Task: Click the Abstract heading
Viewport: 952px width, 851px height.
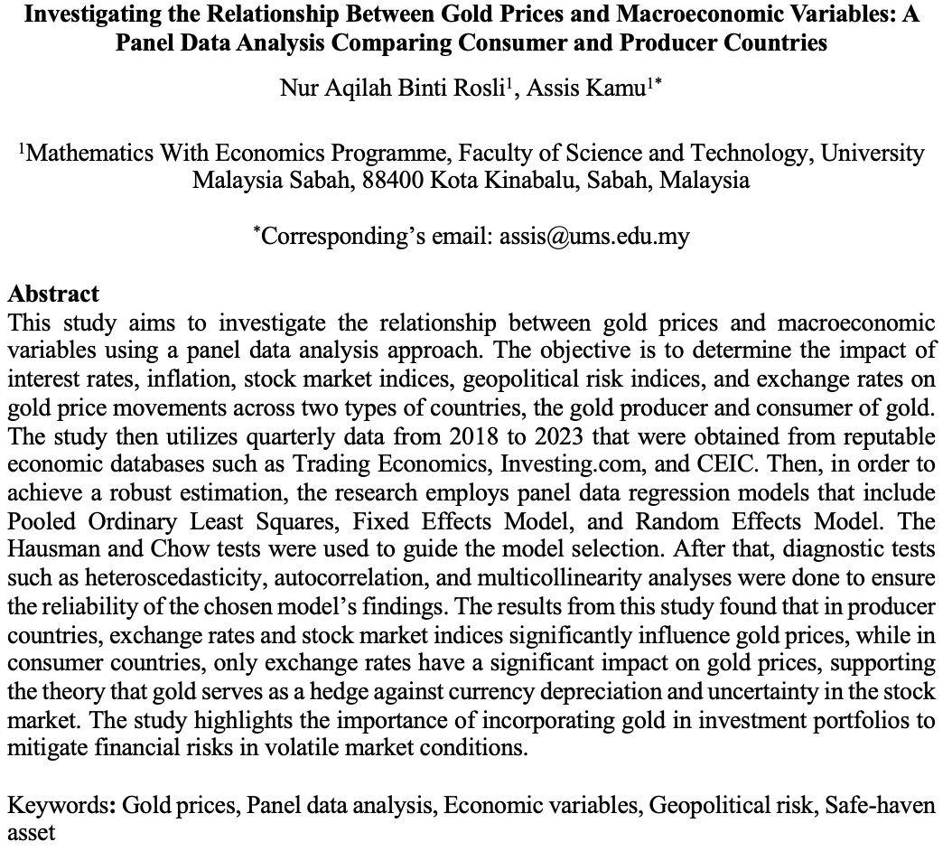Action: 52,295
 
